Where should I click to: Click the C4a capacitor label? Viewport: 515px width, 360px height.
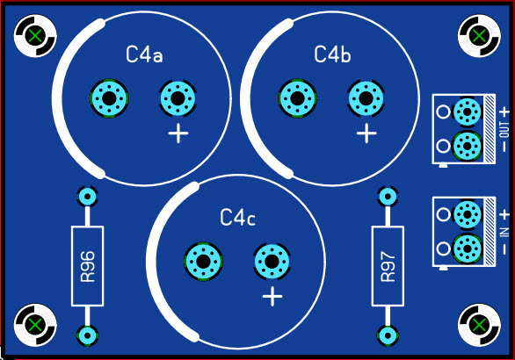(x=144, y=54)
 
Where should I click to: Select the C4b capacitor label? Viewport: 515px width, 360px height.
(x=332, y=54)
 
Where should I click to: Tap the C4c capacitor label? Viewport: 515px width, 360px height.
(x=238, y=217)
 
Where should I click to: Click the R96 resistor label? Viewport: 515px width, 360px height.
(x=88, y=266)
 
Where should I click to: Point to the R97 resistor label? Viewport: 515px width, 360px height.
(x=388, y=266)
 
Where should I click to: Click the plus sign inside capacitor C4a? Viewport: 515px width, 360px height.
(x=178, y=133)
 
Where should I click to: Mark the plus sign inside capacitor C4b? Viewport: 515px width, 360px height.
(x=366, y=133)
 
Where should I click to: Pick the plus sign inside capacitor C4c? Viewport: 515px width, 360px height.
(x=272, y=296)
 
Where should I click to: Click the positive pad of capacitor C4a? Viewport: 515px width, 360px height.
(x=178, y=98)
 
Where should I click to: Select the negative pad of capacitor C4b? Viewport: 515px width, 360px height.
(x=298, y=98)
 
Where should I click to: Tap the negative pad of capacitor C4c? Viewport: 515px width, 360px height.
(x=203, y=262)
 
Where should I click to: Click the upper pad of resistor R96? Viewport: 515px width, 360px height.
(x=87, y=197)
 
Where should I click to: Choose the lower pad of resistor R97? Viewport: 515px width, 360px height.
(x=388, y=335)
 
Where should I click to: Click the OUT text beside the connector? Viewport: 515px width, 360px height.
(x=504, y=130)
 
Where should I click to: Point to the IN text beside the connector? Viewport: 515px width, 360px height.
(x=504, y=232)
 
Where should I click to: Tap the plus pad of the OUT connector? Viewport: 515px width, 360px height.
(x=467, y=112)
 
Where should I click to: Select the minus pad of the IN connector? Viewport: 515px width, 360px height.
(x=467, y=248)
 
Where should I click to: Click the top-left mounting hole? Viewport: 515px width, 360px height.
(x=35, y=35)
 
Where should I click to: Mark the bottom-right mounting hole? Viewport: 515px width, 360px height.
(x=479, y=325)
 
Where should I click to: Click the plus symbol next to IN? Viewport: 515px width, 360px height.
(x=504, y=215)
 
